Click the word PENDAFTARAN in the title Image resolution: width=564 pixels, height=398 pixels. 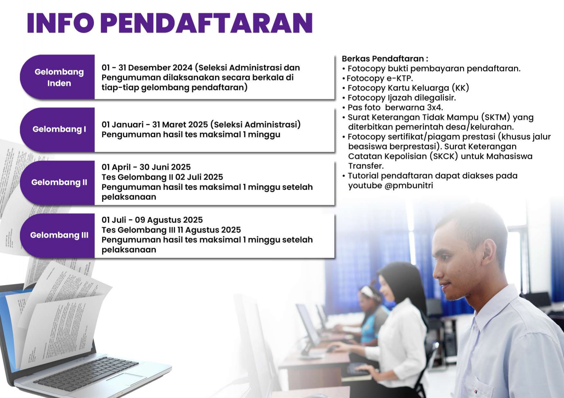pyautogui.click(x=207, y=23)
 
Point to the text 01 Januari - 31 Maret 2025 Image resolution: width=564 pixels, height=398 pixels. pyautogui.click(x=155, y=125)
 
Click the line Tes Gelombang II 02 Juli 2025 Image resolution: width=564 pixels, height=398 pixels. pyautogui.click(x=162, y=177)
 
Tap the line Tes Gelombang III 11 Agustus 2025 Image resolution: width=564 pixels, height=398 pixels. pyautogui.click(x=171, y=230)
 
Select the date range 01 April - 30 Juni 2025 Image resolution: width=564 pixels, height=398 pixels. pyautogui.click(x=146, y=167)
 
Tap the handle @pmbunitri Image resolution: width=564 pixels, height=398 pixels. pyautogui.click(x=408, y=186)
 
